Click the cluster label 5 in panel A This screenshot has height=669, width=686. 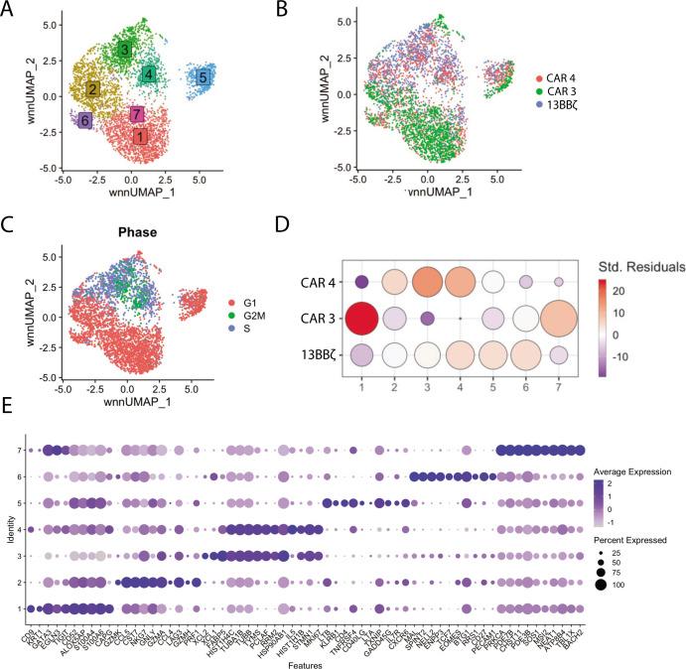pos(203,76)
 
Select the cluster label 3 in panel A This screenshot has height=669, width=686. pos(124,49)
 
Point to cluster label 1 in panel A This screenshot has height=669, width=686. pos(140,136)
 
